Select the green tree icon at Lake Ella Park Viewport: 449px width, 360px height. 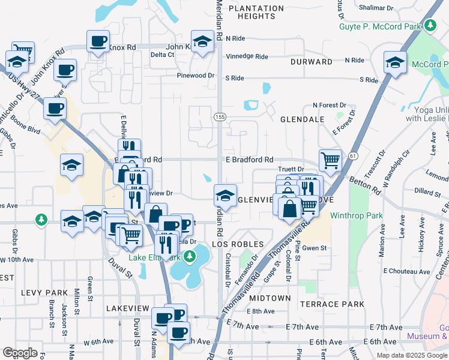[190, 257]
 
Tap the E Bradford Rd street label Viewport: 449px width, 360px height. [249, 160]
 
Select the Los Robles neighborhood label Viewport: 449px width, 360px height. [238, 244]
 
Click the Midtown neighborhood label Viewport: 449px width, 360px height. [270, 298]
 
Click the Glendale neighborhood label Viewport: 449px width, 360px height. [303, 119]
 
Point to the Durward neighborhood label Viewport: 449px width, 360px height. [312, 62]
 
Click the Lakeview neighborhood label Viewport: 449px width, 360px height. [127, 308]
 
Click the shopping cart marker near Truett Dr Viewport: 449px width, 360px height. [330, 160]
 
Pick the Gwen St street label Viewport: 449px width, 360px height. [315, 248]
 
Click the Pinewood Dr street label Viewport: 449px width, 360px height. [196, 76]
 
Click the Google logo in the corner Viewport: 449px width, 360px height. [20, 353]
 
